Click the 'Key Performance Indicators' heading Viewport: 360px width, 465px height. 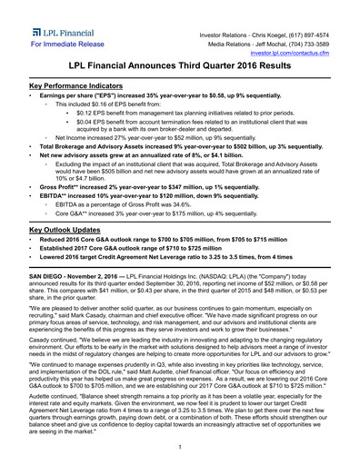(80, 85)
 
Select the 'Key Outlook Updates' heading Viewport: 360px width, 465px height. (69, 231)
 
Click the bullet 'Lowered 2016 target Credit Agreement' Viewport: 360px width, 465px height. (164, 259)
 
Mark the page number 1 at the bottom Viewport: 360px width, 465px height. (180, 447)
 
